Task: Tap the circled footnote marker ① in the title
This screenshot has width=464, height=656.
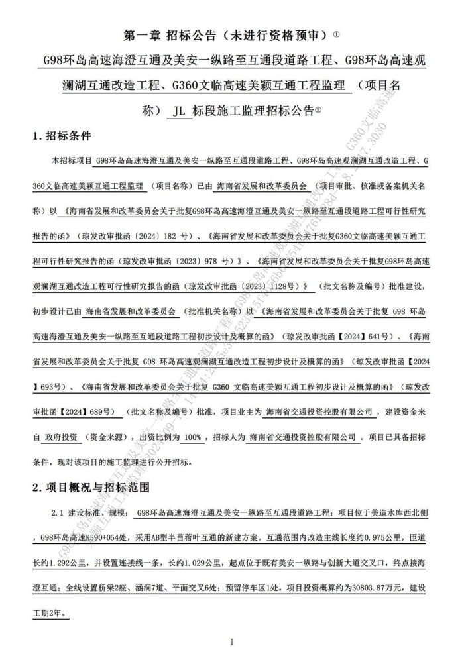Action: click(x=337, y=32)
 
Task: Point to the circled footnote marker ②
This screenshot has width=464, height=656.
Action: click(x=318, y=111)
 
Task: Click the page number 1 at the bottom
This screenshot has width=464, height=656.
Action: click(x=231, y=641)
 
